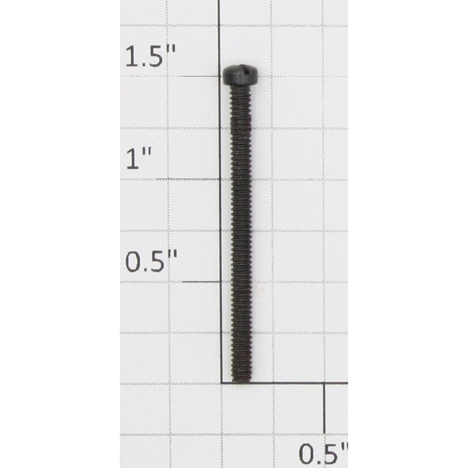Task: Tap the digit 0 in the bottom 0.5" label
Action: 307,453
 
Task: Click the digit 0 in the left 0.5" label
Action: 134,262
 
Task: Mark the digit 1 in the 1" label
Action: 133,159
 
